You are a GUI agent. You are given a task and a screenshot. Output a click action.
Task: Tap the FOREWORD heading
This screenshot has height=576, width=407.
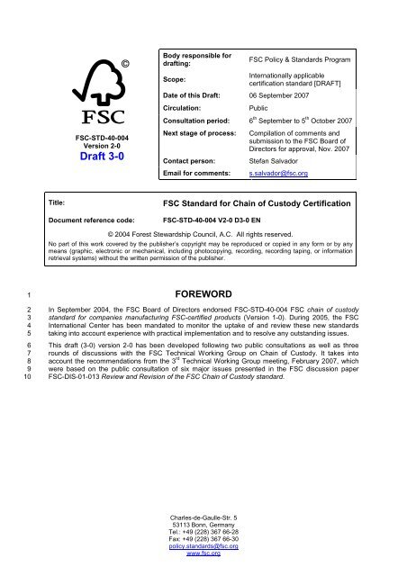(203, 317)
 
